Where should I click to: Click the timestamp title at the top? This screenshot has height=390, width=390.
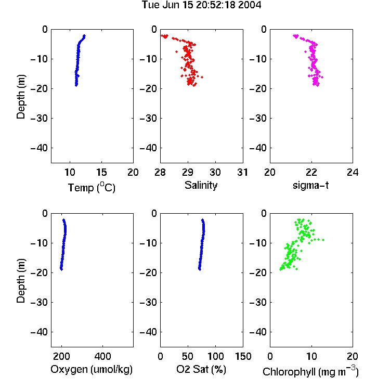(201, 5)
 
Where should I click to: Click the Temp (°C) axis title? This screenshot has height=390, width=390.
(92, 187)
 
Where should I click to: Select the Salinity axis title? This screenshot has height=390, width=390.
(201, 185)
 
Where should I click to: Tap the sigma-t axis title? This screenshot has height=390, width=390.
(310, 185)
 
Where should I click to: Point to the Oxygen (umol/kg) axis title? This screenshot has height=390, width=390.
(92, 370)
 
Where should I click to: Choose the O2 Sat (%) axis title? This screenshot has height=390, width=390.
(201, 369)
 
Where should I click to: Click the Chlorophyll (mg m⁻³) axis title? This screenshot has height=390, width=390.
(310, 371)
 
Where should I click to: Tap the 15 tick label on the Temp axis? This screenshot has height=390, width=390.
(101, 172)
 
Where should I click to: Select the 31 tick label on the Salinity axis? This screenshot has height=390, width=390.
(242, 172)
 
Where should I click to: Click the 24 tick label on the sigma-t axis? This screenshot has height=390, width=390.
(353, 172)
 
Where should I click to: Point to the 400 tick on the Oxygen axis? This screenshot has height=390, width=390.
(102, 356)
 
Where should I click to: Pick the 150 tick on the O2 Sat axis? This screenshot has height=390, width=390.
(243, 356)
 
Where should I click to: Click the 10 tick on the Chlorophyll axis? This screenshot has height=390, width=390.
(311, 356)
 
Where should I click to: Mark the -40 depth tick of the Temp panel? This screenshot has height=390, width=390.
(39, 148)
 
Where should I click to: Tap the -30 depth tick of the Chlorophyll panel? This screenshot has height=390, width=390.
(258, 303)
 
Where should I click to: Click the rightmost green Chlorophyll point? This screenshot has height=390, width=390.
(323, 240)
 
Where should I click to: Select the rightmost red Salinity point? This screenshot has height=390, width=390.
(202, 77)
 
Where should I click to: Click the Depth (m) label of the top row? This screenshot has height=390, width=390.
(21, 97)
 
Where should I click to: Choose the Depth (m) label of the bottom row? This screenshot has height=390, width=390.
(21, 281)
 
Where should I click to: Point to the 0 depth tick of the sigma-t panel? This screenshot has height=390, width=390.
(264, 29)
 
